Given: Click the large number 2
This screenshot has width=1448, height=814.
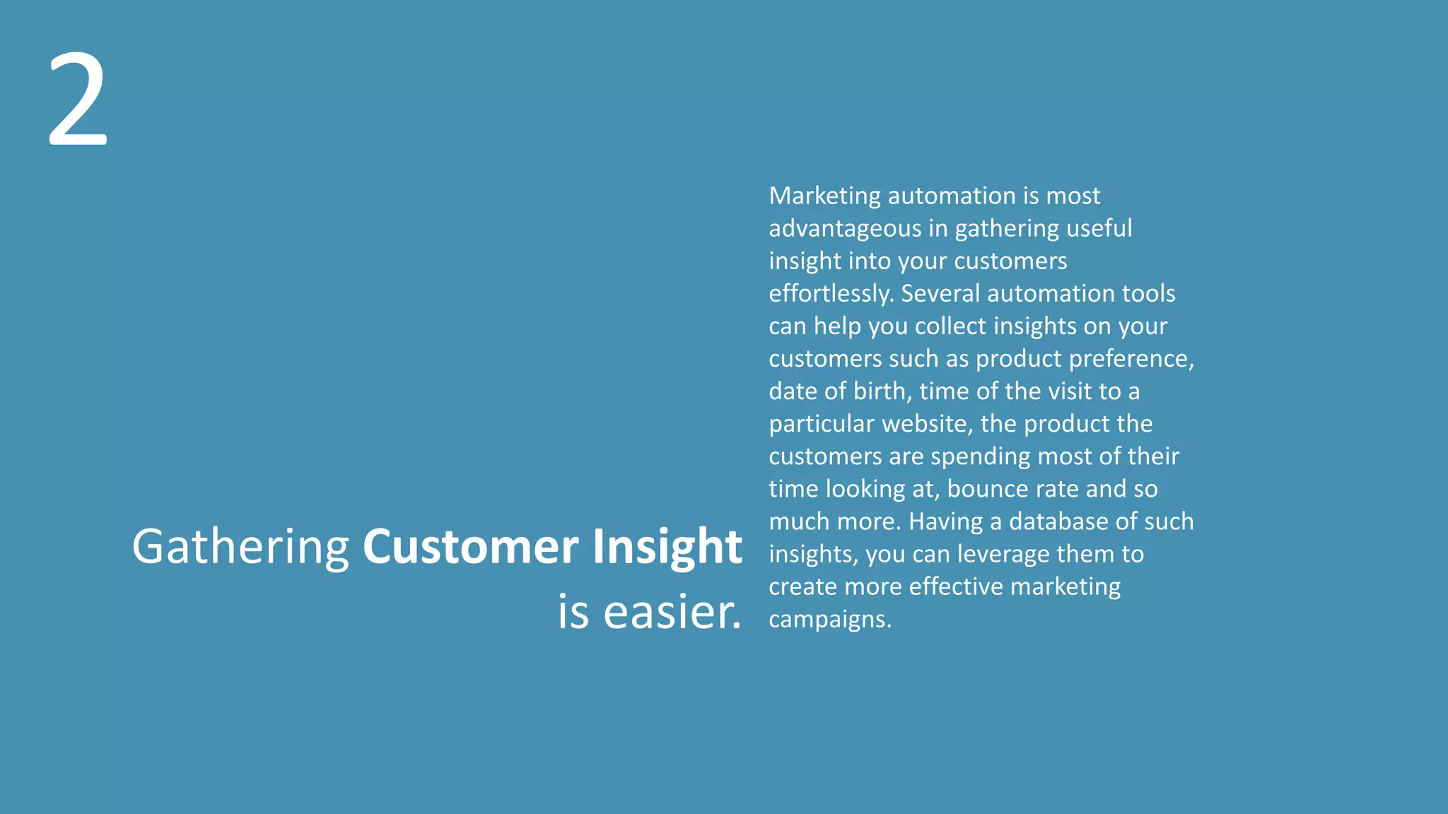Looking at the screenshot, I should pos(78,100).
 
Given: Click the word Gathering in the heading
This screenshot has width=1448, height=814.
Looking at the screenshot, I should pos(240,548).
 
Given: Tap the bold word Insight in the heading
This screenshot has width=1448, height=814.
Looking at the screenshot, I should pos(667,548).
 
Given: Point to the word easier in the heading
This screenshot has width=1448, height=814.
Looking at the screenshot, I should pos(672,612).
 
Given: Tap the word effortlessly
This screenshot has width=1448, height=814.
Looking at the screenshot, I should pos(831,293).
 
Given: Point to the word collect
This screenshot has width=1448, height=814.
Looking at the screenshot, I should pos(950,326).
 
